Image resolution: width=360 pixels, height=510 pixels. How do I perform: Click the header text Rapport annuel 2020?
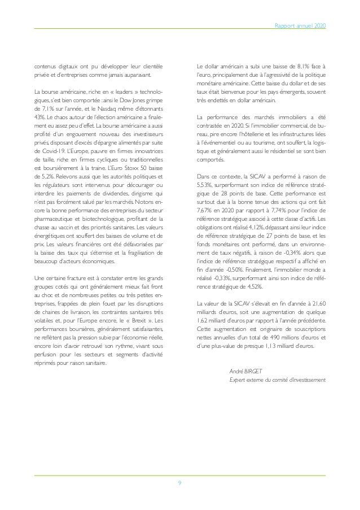[x=303, y=26]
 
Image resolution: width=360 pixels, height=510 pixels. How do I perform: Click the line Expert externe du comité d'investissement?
[x=278, y=380]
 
